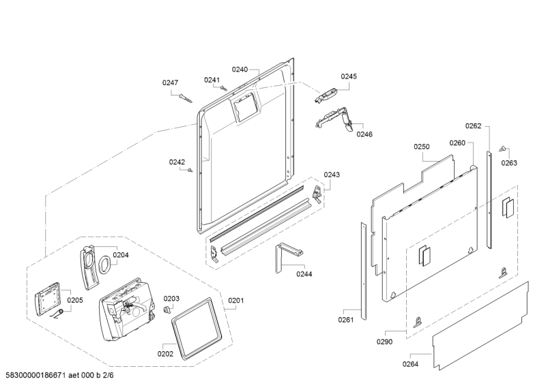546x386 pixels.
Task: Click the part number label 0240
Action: coord(240,69)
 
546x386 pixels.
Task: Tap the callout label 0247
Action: coord(170,83)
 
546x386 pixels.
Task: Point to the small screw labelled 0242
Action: coord(190,169)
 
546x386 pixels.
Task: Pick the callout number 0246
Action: coord(364,134)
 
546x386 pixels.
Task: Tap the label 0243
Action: coord(332,175)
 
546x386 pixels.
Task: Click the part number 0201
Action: coord(236,300)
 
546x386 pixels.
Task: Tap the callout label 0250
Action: coord(421,147)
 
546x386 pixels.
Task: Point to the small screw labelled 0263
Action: coord(503,147)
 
